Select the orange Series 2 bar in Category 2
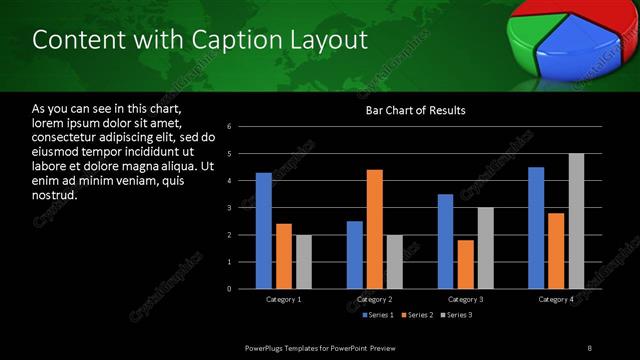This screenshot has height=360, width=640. tap(374, 229)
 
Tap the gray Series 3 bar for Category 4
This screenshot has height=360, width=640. tap(576, 221)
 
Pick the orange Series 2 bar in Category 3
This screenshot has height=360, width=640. tap(465, 264)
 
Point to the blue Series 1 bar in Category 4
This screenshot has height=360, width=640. tap(536, 228)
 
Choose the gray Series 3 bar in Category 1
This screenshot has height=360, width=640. tap(303, 262)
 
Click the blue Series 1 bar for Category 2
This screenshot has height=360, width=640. tap(354, 255)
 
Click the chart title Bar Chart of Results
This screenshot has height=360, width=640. tap(415, 110)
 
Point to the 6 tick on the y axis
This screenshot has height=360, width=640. tap(230, 127)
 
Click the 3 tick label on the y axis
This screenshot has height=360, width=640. tap(230, 208)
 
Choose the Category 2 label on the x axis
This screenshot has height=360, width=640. tap(374, 299)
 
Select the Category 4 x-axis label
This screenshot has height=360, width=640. tap(556, 299)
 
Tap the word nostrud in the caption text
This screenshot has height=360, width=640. tap(54, 195)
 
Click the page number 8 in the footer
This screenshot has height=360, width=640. tap(589, 346)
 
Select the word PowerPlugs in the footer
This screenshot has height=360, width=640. tap(265, 346)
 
